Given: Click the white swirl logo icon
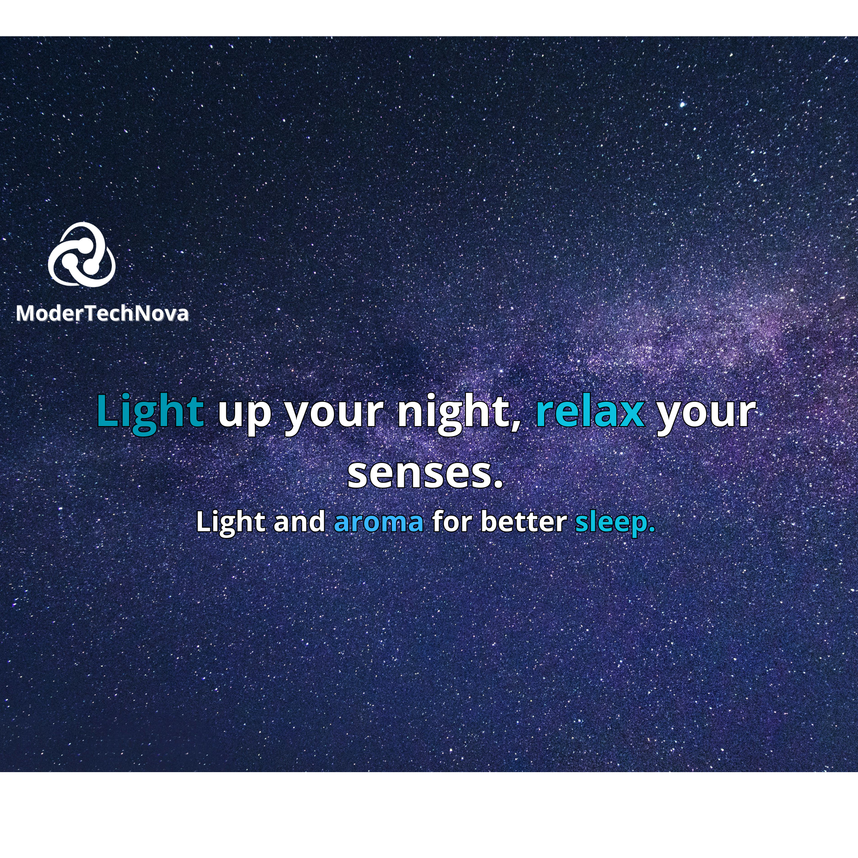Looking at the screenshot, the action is [x=82, y=253].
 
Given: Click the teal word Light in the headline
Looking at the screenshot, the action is [x=150, y=412].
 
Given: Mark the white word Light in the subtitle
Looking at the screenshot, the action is [x=230, y=522].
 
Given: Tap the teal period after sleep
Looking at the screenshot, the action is [x=651, y=530].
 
